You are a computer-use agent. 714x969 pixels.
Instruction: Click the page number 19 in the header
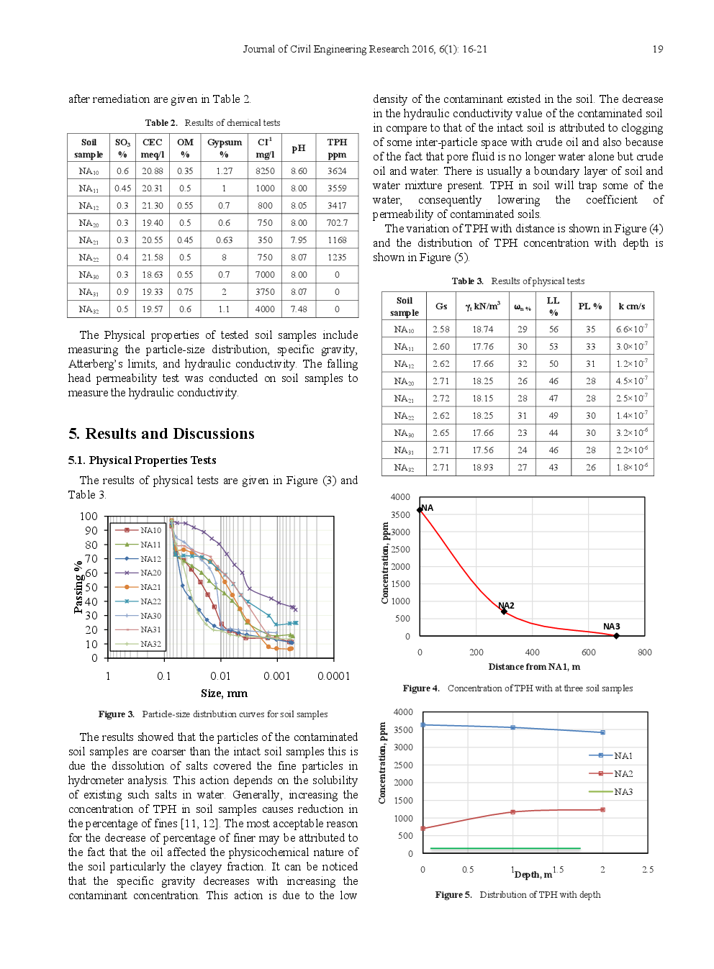[657, 49]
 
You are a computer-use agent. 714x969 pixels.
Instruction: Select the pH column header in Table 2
[299, 148]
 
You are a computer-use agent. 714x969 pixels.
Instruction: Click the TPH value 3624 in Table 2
[337, 171]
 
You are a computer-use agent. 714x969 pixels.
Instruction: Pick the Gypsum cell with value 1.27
[224, 171]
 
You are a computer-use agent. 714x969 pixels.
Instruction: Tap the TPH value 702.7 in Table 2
[337, 223]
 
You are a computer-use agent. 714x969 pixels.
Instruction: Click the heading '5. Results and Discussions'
[161, 434]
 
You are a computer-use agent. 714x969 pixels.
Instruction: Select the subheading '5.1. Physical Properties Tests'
[142, 460]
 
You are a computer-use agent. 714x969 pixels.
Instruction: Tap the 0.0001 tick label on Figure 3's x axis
[333, 676]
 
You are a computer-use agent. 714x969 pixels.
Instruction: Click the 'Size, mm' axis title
[224, 693]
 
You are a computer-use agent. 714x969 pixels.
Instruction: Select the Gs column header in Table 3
[441, 306]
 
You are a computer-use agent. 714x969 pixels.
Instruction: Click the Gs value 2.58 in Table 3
[441, 329]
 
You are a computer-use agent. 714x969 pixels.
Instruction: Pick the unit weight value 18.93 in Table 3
[483, 468]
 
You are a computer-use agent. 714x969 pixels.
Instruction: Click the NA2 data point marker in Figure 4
[504, 611]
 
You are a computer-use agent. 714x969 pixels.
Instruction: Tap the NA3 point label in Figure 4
[611, 627]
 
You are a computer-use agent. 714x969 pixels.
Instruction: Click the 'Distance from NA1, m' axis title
[534, 667]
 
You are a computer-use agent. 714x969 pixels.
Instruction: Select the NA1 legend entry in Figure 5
[623, 755]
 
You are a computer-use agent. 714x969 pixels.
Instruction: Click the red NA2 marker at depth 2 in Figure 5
[602, 810]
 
